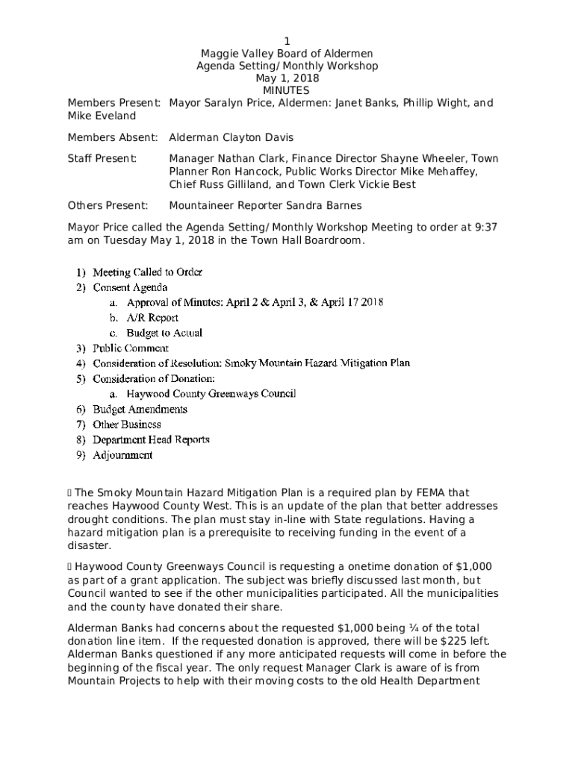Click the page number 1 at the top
pyautogui.click(x=287, y=40)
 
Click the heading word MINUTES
pyautogui.click(x=287, y=90)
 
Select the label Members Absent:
pyautogui.click(x=113, y=137)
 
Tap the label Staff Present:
pyautogui.click(x=102, y=158)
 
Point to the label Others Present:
pyautogui.click(x=108, y=205)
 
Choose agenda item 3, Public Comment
pyautogui.click(x=130, y=348)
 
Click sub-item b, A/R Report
pyautogui.click(x=152, y=317)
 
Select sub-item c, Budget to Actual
pyautogui.click(x=164, y=333)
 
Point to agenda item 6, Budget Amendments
pyautogui.click(x=140, y=409)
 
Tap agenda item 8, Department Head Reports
pyautogui.click(x=151, y=439)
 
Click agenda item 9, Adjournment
pyautogui.click(x=122, y=454)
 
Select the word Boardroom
pyautogui.click(x=333, y=240)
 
